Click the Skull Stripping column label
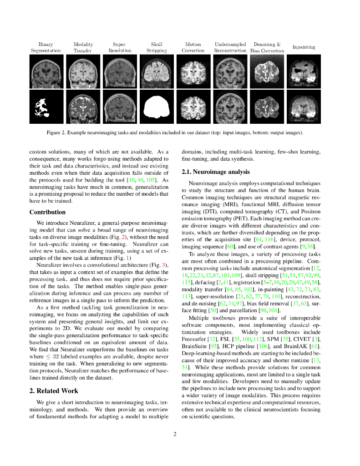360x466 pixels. click(157, 47)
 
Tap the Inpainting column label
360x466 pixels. click(304, 47)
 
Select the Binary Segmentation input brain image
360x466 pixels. click(46, 71)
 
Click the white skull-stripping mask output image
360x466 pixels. click(157, 106)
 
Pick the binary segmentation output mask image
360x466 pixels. click(46, 106)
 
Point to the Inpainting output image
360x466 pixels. click(304, 106)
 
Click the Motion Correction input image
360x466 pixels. click(193, 71)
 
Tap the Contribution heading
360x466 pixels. click(47, 212)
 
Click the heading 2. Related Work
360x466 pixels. click(54, 390)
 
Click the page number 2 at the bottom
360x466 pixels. click(175, 434)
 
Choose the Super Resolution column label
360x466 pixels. click(119, 47)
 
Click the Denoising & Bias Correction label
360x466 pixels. click(267, 47)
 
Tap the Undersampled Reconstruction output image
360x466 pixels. click(230, 106)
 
